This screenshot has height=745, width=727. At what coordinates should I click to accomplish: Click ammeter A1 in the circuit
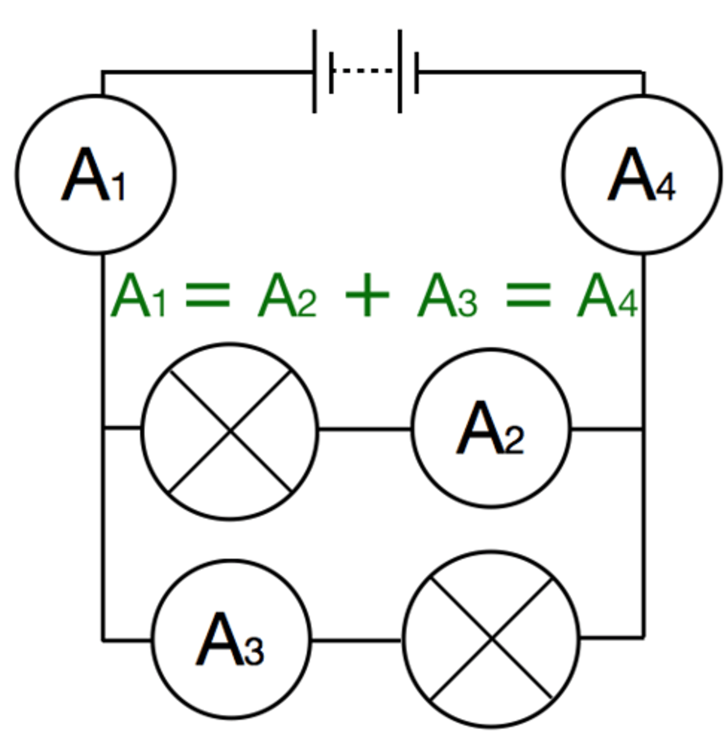click(x=96, y=174)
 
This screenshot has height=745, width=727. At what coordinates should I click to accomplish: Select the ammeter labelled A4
click(x=643, y=174)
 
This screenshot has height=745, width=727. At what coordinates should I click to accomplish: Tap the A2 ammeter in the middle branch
click(x=490, y=428)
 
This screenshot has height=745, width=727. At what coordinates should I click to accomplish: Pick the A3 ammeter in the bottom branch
click(x=231, y=639)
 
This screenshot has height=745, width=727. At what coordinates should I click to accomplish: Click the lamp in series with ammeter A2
click(x=230, y=430)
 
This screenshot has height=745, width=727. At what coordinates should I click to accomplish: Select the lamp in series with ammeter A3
click(x=491, y=638)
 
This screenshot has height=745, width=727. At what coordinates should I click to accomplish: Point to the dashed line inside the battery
click(x=365, y=71)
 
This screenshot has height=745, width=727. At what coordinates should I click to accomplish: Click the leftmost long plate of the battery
click(x=315, y=71)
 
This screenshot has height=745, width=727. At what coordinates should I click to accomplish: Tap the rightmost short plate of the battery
click(x=416, y=73)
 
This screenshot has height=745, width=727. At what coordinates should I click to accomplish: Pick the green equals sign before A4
click(x=528, y=294)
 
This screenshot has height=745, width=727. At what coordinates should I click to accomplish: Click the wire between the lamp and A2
click(x=365, y=429)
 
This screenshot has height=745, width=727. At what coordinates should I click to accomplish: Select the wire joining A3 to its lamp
click(x=356, y=640)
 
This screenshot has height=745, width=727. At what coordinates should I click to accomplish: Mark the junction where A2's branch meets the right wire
click(x=643, y=428)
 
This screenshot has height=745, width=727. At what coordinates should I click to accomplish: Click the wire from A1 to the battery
click(x=205, y=72)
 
